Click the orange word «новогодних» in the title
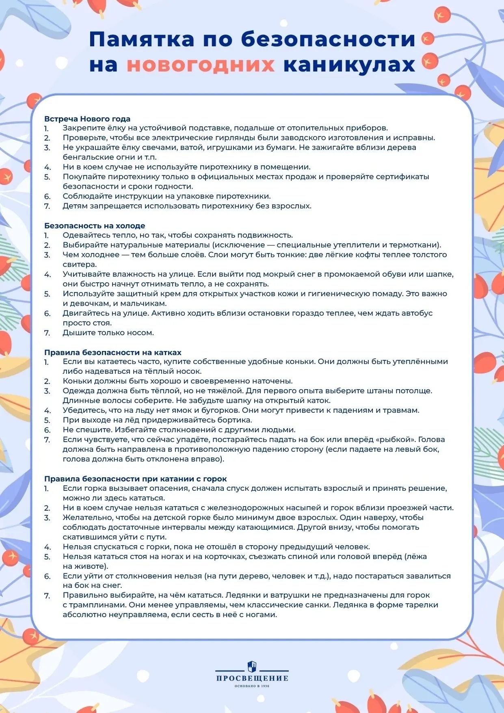click(201, 65)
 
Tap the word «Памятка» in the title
click(142, 39)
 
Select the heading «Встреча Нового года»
click(87, 119)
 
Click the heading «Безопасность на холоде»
click(95, 225)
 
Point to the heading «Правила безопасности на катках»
click(113, 352)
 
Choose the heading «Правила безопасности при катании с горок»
click(136, 479)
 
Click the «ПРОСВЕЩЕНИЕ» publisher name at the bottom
click(252, 678)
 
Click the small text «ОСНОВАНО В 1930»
click(252, 686)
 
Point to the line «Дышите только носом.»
click(108, 332)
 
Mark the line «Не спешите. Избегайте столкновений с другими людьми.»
click(179, 429)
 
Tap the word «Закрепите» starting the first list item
click(83, 128)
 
